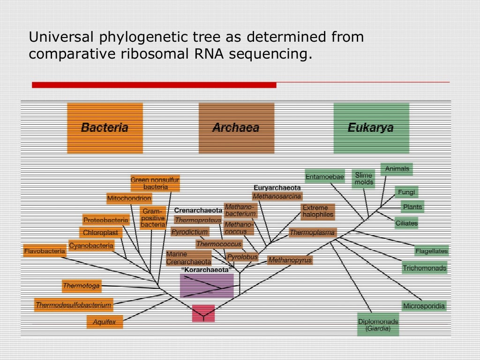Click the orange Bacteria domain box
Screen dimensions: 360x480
(x=105, y=128)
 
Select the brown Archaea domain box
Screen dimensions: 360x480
(x=236, y=128)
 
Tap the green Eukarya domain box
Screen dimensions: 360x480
(x=371, y=128)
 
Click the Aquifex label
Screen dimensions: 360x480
(x=104, y=322)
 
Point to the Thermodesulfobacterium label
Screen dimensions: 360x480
(x=74, y=305)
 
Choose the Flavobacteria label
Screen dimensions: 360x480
(x=45, y=251)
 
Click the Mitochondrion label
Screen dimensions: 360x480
(x=129, y=198)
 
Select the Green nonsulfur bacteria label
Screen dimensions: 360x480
(x=155, y=183)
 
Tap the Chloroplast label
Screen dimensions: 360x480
(x=101, y=232)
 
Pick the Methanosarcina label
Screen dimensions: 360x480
(x=277, y=196)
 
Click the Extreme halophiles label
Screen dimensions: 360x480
(x=318, y=211)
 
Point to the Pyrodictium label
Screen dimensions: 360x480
(x=189, y=232)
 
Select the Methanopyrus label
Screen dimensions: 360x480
(x=290, y=260)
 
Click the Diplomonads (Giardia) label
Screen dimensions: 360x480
(x=378, y=325)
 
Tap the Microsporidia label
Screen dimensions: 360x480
(x=424, y=306)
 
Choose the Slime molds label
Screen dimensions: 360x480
(x=364, y=179)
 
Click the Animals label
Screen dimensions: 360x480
(x=397, y=169)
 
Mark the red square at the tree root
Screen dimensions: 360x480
(x=203, y=313)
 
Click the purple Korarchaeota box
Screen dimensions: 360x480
(x=206, y=285)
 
